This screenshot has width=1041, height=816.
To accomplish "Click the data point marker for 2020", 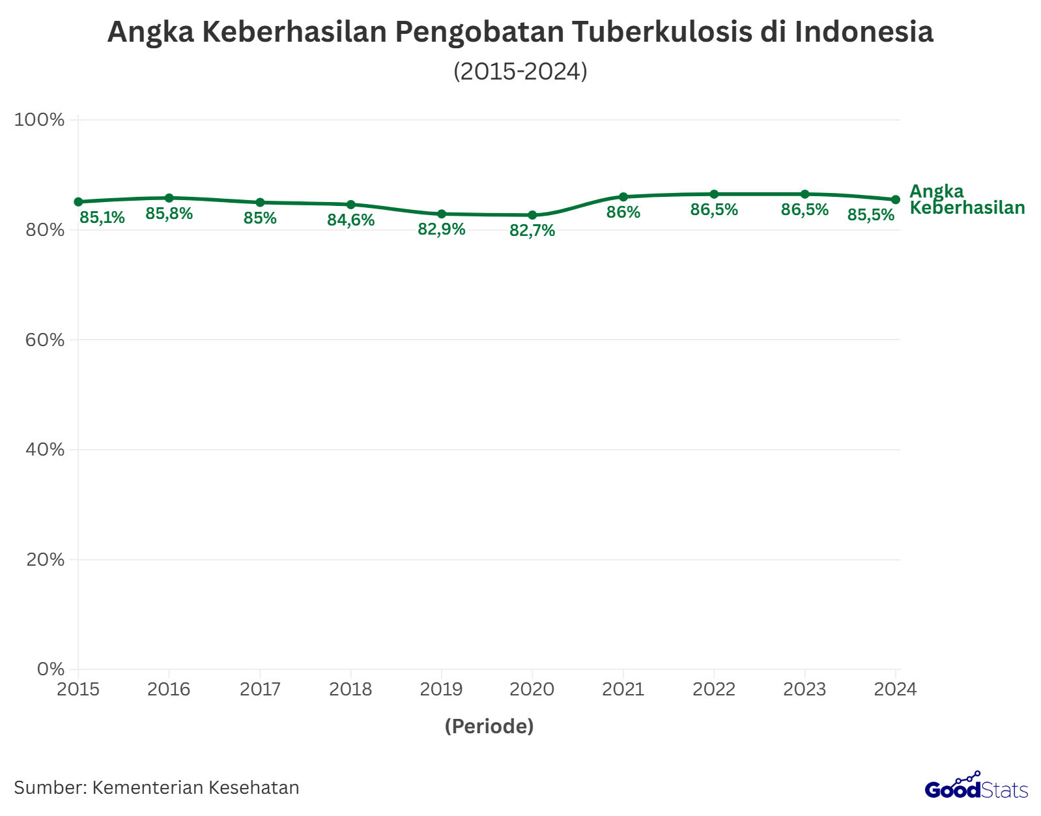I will tap(532, 215).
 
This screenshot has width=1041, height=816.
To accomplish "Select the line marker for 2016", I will tap(169, 197).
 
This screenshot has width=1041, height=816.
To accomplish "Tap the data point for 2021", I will tap(623, 197).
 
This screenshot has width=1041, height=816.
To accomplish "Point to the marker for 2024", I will tap(896, 199).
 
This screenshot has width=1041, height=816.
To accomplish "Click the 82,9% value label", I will tap(442, 229).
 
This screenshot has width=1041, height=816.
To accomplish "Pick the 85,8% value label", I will tap(169, 213).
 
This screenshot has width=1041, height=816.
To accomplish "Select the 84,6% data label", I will tap(351, 220).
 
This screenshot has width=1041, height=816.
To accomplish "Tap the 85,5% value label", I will tap(871, 214).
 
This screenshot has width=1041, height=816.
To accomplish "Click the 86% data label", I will tap(623, 212).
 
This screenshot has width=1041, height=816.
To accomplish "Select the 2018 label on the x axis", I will tap(351, 690).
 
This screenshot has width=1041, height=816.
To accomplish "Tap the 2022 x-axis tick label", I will tap(714, 690).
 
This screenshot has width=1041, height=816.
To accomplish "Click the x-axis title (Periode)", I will tap(489, 726).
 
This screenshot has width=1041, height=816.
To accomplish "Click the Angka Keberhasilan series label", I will tap(967, 199).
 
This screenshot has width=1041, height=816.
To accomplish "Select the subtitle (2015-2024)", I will tap(520, 71).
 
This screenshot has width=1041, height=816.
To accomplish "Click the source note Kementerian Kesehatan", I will tap(157, 788).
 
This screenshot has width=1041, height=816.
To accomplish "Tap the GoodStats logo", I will tap(976, 787).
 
